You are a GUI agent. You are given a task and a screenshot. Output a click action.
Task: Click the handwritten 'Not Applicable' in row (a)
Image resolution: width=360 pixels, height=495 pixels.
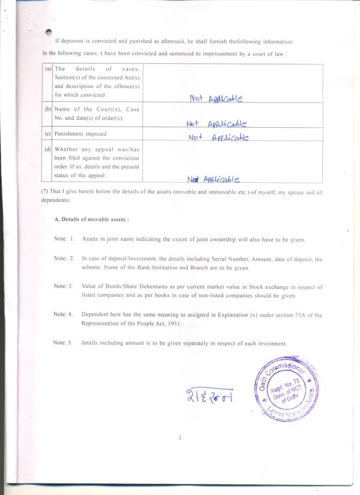pos(215,99)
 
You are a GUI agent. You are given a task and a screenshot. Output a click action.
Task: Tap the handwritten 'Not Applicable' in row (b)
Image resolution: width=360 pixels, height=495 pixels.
pos(216,124)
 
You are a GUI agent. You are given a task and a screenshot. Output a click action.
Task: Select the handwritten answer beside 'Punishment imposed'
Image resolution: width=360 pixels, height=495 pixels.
pos(218,137)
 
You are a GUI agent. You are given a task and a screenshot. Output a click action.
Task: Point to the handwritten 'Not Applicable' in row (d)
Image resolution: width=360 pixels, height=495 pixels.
pos(213,179)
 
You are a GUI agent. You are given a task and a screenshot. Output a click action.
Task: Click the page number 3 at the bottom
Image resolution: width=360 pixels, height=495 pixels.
pos(180,438)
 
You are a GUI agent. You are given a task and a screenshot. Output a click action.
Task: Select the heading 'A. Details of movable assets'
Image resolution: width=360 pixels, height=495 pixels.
pos(91,219)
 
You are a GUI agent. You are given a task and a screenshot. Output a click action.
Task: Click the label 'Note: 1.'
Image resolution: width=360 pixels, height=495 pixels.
pos(64,239)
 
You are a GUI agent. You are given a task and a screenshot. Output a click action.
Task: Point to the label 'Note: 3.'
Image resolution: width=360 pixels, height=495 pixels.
pos(63,286)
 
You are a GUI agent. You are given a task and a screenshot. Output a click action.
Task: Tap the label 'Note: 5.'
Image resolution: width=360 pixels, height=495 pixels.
pos(63,343)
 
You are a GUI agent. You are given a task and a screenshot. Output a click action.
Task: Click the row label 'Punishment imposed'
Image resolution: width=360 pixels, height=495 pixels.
pos(80,134)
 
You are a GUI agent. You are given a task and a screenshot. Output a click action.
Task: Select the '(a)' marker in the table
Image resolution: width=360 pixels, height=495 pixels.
pos(48,69)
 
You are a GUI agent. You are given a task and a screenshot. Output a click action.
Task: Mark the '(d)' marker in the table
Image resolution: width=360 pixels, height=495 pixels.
pos(48,149)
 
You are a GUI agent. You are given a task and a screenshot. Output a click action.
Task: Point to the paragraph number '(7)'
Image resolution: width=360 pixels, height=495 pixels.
pos(45,192)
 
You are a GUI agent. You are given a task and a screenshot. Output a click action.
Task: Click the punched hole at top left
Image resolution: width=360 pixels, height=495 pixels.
pos(48,32)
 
